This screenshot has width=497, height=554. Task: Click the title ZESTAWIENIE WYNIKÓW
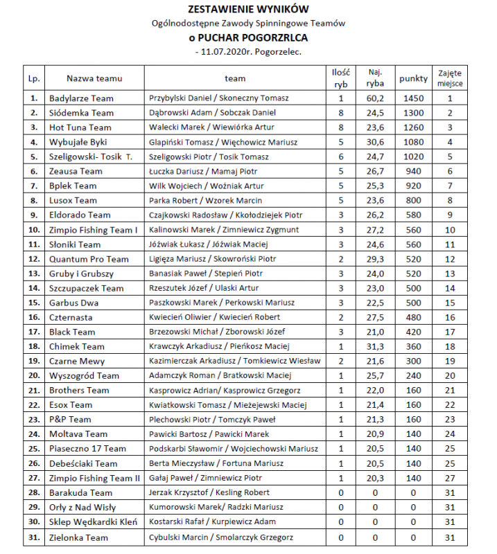(x=247, y=10)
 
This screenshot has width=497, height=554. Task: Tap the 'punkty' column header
(x=413, y=78)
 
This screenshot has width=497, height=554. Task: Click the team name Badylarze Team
(x=81, y=98)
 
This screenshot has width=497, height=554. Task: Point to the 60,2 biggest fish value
(x=376, y=98)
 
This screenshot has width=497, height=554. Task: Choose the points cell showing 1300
(x=413, y=113)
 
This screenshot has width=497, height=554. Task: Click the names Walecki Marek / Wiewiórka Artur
(x=212, y=127)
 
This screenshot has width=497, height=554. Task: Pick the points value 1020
(x=413, y=157)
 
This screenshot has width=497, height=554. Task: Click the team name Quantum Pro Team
(x=89, y=259)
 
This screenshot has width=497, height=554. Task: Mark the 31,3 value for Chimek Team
(x=376, y=346)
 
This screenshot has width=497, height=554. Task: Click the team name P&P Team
(x=70, y=419)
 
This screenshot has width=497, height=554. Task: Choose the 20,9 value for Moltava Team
(x=376, y=434)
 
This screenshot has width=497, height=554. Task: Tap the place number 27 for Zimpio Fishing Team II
(x=450, y=478)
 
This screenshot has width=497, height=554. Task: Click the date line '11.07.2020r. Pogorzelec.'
(x=249, y=51)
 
